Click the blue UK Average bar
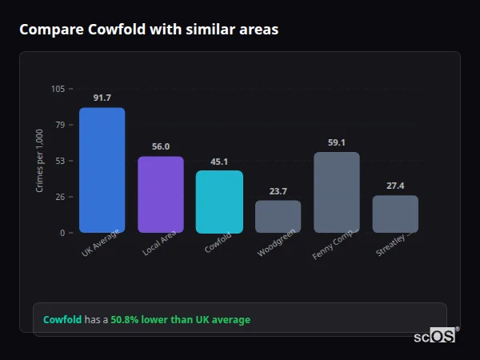pyautogui.click(x=102, y=170)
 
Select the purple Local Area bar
pyautogui.click(x=160, y=194)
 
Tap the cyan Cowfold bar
pyautogui.click(x=219, y=202)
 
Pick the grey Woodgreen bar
pyautogui.click(x=278, y=216)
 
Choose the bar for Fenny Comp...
pyautogui.click(x=336, y=192)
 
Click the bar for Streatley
pyautogui.click(x=395, y=214)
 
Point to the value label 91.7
pyautogui.click(x=102, y=98)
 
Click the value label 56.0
pyautogui.click(x=160, y=146)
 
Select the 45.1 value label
pyautogui.click(x=219, y=161)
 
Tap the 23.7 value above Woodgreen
pyautogui.click(x=278, y=190)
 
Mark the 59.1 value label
pyautogui.click(x=336, y=142)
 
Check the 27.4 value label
pyautogui.click(x=395, y=186)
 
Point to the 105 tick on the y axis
pyautogui.click(x=58, y=89)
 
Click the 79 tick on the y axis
pyautogui.click(x=60, y=125)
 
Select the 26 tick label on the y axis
pyautogui.click(x=60, y=197)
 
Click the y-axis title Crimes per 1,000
pyautogui.click(x=39, y=161)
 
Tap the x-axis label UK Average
pyautogui.click(x=101, y=244)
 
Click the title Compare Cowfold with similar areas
pyautogui.click(x=149, y=30)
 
